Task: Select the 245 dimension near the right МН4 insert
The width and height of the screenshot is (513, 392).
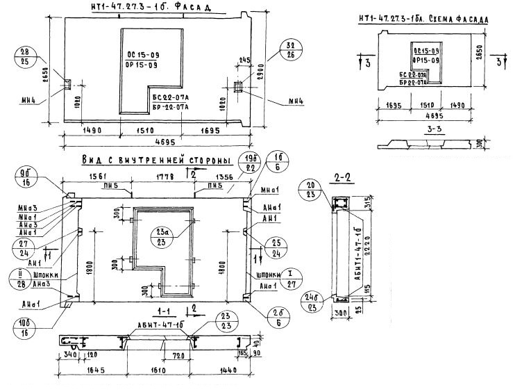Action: pyautogui.click(x=243, y=60)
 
